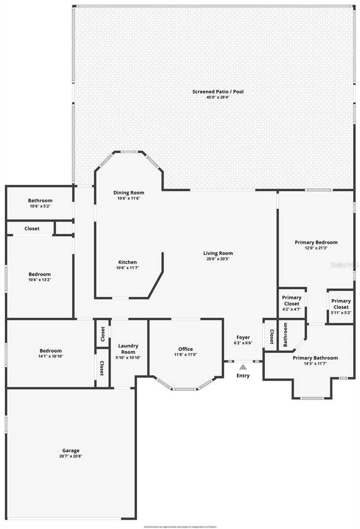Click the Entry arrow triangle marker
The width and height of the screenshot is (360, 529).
click(x=243, y=367)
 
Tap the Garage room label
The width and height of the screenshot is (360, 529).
click(x=71, y=450)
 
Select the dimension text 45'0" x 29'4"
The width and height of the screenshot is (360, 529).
click(x=218, y=97)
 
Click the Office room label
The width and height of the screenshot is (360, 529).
click(x=185, y=349)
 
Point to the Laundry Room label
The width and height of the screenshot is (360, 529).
click(x=128, y=349)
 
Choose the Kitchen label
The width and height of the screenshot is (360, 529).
click(x=127, y=262)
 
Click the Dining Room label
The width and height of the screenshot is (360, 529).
click(x=128, y=192)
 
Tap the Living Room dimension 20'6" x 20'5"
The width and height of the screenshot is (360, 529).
click(x=218, y=259)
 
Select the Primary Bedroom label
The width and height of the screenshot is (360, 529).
click(x=316, y=242)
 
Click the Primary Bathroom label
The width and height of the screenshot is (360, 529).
click(x=315, y=358)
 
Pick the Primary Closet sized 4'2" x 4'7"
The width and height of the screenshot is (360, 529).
click(x=291, y=301)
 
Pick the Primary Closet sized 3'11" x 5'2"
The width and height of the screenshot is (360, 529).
click(x=341, y=304)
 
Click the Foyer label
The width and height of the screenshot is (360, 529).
click(x=243, y=337)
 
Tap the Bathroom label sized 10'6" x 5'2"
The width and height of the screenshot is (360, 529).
click(x=40, y=201)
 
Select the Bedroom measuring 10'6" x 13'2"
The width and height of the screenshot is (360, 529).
click(x=39, y=274)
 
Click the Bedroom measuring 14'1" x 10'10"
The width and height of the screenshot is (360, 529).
click(x=51, y=351)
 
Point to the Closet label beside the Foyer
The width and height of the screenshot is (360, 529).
click(x=272, y=337)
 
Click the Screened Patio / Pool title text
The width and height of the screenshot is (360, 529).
click(x=218, y=92)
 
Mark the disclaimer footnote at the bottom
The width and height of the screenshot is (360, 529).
click(x=180, y=527)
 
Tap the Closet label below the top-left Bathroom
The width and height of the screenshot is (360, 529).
click(x=32, y=229)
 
